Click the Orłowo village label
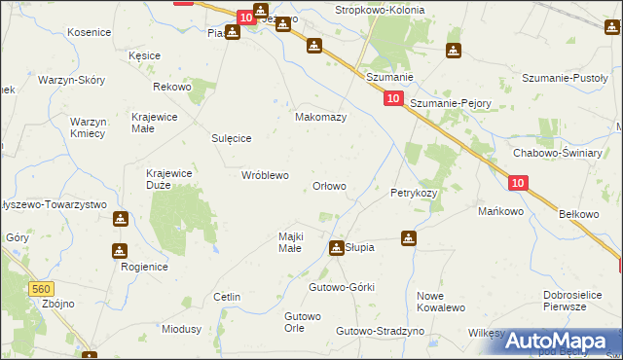coord(328,186)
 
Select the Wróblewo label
coord(265,176)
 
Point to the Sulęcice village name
coord(232,139)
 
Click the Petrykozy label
coord(414,193)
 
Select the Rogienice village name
coord(144,267)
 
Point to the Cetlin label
coord(227,296)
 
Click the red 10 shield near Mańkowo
coord(518,182)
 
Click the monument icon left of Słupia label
coord(337,248)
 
